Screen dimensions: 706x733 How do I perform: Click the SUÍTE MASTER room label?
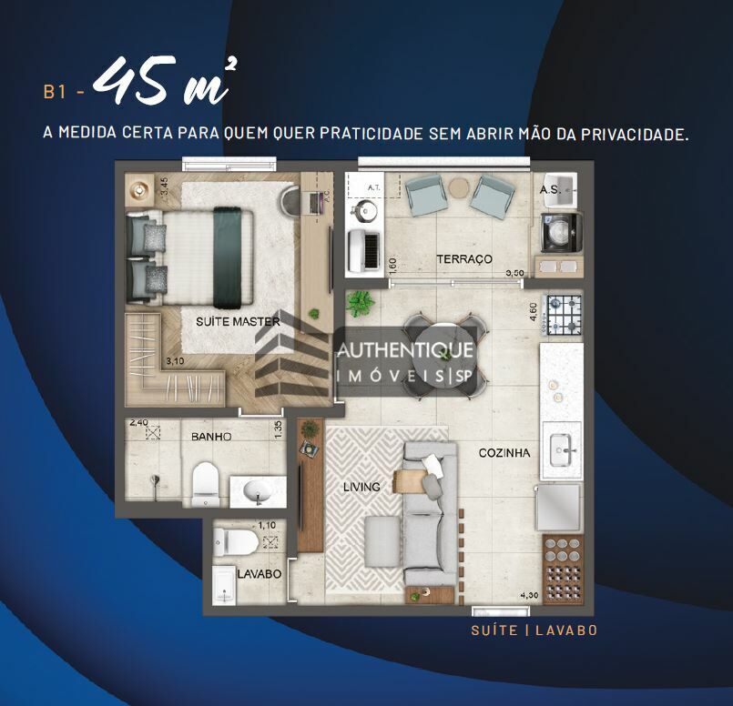point(238,321)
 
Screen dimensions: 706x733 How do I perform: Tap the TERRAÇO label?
point(464,259)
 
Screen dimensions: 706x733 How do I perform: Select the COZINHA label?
point(504,452)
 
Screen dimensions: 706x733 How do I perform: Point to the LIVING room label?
point(361,487)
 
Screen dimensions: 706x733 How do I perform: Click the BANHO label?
point(211,437)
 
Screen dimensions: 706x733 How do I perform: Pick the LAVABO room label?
point(260,575)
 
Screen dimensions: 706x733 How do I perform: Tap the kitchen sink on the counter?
point(561,449)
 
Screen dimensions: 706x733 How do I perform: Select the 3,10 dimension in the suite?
point(174,361)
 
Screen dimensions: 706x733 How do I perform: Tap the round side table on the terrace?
point(459,187)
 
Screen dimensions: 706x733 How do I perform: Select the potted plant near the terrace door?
point(361,303)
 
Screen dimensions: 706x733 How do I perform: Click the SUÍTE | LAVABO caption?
point(534,630)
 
